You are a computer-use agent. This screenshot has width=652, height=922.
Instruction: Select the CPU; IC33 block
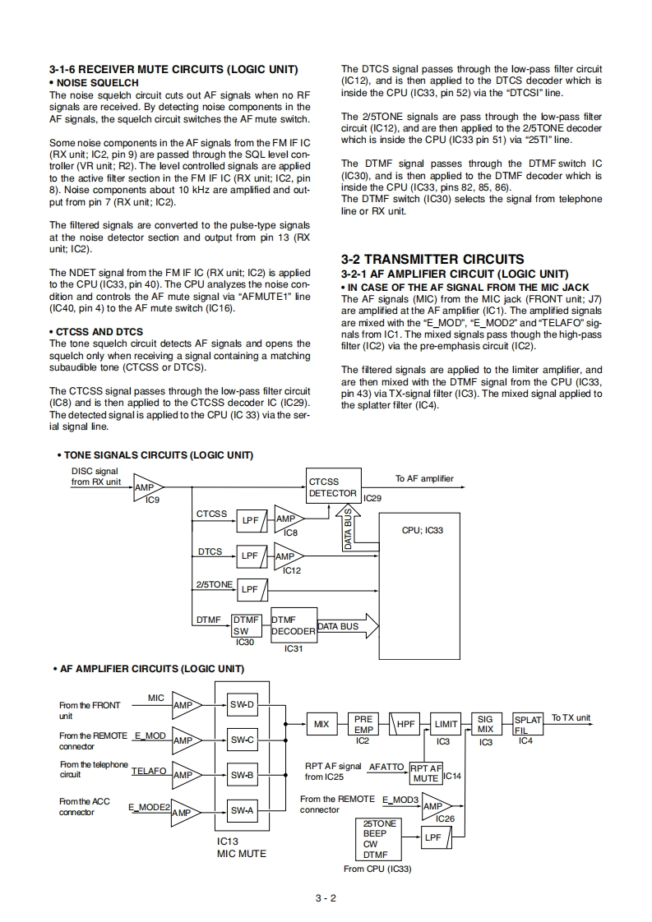pyautogui.click(x=422, y=583)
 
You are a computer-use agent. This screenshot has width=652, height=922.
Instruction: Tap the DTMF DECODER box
pyautogui.click(x=293, y=625)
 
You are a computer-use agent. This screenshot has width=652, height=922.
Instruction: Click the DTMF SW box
pyautogui.click(x=246, y=625)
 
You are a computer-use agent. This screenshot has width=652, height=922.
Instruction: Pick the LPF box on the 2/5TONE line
pyautogui.click(x=250, y=589)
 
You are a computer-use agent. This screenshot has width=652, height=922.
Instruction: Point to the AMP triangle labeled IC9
pyautogui.click(x=147, y=487)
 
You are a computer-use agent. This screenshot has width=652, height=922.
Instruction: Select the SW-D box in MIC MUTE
pyautogui.click(x=243, y=705)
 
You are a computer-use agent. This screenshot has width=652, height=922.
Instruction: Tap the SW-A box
pyautogui.click(x=243, y=811)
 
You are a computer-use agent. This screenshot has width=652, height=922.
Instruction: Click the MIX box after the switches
pyautogui.click(x=321, y=724)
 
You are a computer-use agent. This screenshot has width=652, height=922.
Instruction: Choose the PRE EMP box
pyautogui.click(x=363, y=724)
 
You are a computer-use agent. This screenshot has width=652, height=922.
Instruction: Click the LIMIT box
pyautogui.click(x=446, y=724)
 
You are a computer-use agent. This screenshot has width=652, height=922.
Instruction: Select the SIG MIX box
pyautogui.click(x=486, y=724)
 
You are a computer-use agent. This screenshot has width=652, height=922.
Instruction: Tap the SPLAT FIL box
pyautogui.click(x=527, y=724)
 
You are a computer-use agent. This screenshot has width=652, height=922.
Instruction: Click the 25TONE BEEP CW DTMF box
pyautogui.click(x=380, y=838)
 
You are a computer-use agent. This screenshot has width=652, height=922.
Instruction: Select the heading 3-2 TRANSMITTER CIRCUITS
pyautogui.click(x=432, y=259)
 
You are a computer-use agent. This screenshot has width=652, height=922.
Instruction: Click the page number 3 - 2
pyautogui.click(x=326, y=897)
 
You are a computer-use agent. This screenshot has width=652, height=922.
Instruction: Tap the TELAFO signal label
pyautogui.click(x=149, y=771)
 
